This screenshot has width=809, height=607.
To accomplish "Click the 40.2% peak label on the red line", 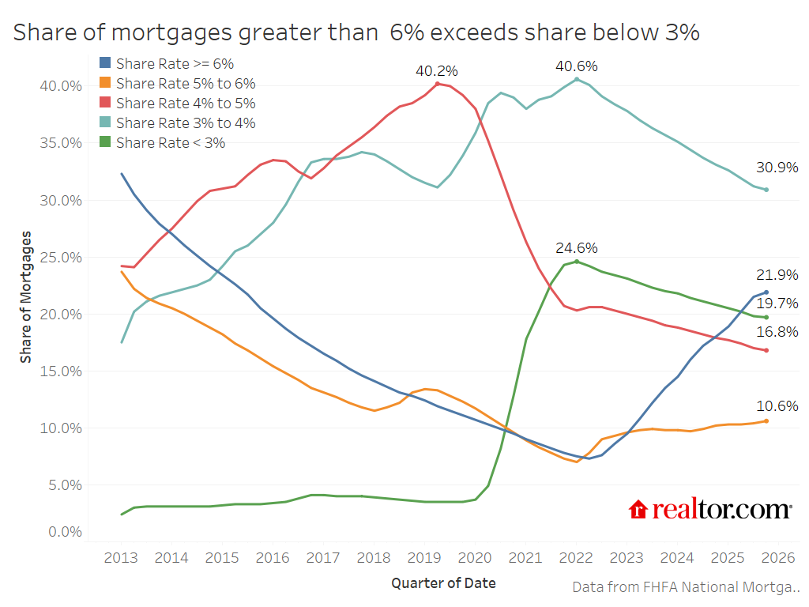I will [437, 71].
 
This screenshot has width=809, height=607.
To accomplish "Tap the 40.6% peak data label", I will [576, 66].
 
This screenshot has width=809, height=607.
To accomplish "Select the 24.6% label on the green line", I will [576, 248].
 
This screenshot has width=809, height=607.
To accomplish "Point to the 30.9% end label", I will [777, 168].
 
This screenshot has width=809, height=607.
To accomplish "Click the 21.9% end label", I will [777, 275].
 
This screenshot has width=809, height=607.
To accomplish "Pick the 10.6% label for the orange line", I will [777, 406].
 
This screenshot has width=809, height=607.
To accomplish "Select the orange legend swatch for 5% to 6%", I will [105, 83].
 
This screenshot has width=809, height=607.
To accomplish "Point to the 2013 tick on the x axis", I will [121, 558].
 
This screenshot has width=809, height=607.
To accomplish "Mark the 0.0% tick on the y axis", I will [63, 532].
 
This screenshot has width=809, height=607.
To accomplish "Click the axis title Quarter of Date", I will [443, 583].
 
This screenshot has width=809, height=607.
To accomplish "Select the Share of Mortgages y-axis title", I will [27, 297].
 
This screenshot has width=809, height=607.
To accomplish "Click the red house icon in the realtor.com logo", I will [638, 510].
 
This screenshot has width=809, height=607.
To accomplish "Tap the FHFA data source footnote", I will [685, 587].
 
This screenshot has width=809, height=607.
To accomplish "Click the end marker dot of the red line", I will [766, 350].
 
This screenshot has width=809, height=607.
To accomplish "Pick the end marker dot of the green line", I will [766, 318].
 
